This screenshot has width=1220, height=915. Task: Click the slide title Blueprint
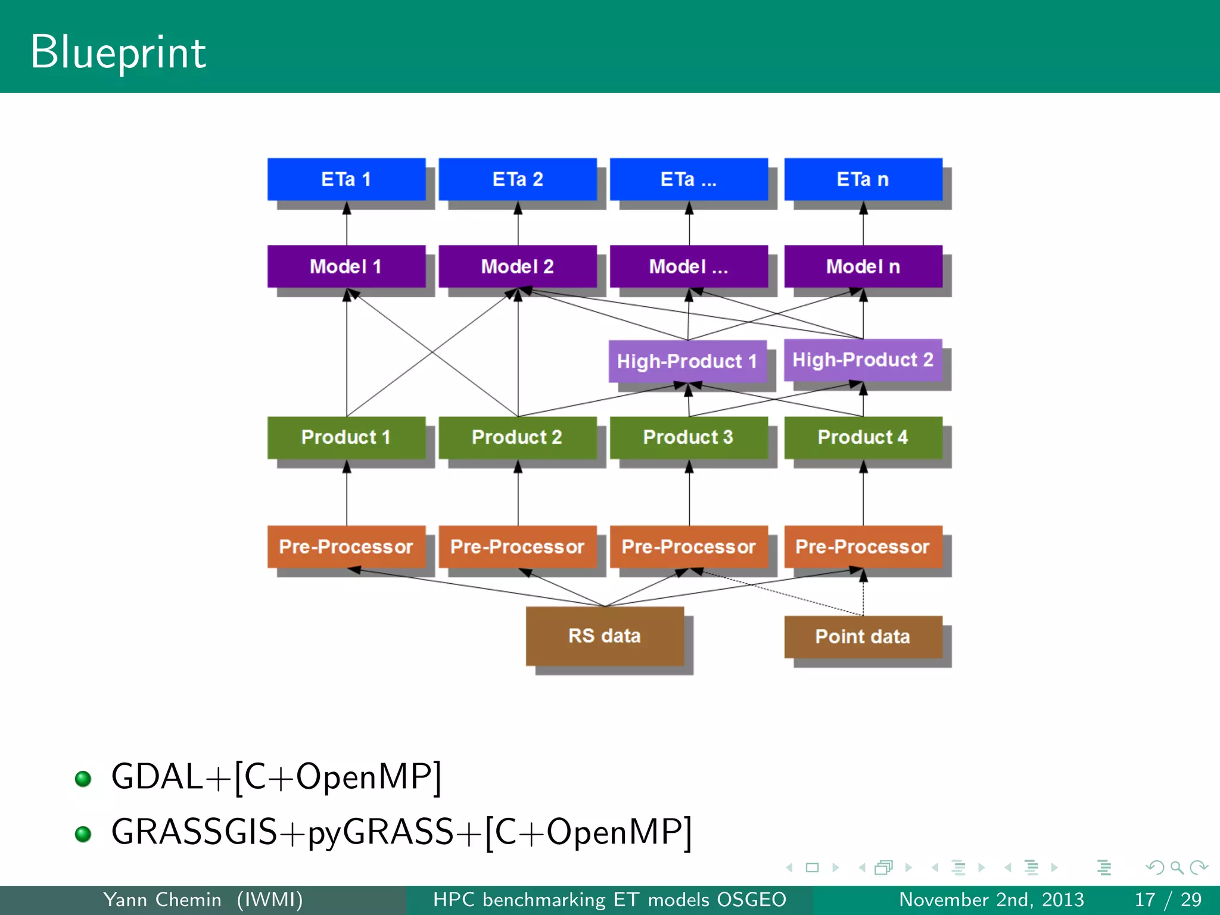click(118, 52)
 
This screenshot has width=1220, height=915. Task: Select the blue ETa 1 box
click(346, 179)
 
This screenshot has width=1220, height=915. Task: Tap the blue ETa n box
click(863, 179)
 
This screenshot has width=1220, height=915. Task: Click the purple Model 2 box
click(517, 266)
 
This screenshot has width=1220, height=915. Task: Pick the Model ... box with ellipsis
click(689, 266)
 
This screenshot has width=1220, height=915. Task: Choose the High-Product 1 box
click(687, 361)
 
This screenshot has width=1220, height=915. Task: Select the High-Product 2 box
click(863, 360)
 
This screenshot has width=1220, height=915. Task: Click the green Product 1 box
click(346, 437)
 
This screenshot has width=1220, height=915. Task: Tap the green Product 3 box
click(689, 437)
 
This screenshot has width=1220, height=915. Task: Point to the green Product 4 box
click(863, 437)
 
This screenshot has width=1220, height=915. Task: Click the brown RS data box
click(604, 636)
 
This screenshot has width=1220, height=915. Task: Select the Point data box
click(863, 636)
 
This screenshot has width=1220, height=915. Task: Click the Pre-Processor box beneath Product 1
click(346, 546)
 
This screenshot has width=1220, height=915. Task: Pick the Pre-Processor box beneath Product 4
click(863, 546)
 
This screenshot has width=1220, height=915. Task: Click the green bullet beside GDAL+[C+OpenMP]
click(83, 779)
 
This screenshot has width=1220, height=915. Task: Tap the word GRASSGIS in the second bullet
click(194, 832)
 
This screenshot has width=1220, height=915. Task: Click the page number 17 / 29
click(1168, 900)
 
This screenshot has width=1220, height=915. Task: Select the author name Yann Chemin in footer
click(162, 900)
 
